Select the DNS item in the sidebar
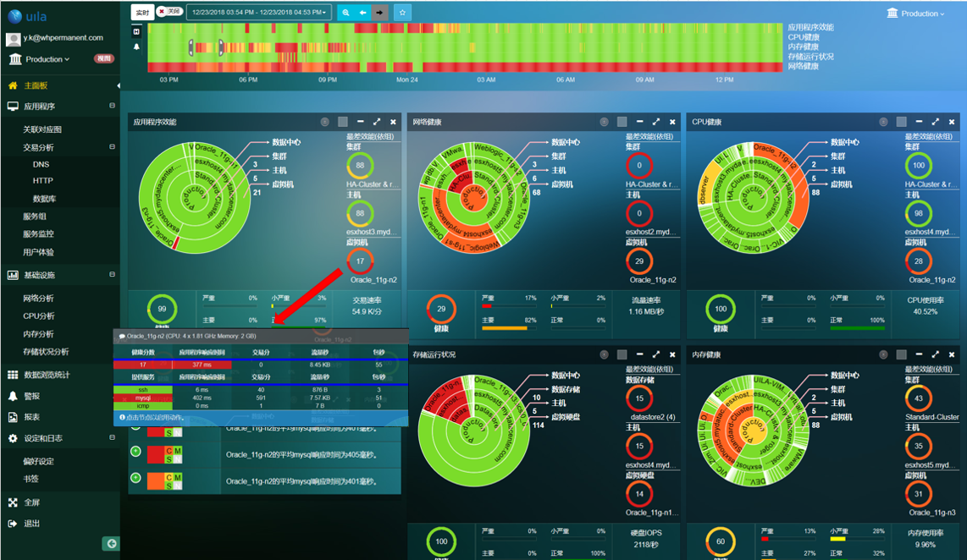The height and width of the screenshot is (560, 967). click(41, 165)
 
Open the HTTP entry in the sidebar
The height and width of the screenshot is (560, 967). click(43, 181)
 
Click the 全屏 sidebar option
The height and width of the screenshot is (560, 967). click(32, 502)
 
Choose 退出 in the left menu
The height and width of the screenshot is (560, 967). click(32, 524)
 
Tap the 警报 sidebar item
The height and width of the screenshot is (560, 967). click(32, 396)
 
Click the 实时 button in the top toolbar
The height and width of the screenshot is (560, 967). click(142, 13)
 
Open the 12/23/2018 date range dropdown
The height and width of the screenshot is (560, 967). click(259, 13)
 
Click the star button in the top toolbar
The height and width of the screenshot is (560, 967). click(403, 13)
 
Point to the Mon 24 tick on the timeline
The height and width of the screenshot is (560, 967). click(407, 80)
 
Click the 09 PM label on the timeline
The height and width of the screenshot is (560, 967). click(328, 80)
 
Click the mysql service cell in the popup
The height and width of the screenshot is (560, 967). click(143, 398)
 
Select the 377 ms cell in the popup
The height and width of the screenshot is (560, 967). click(201, 365)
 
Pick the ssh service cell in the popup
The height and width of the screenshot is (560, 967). click(143, 389)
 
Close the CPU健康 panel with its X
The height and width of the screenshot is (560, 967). click(953, 123)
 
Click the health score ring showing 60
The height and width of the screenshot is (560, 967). click(720, 541)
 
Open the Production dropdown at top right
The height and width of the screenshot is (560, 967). click(917, 14)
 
